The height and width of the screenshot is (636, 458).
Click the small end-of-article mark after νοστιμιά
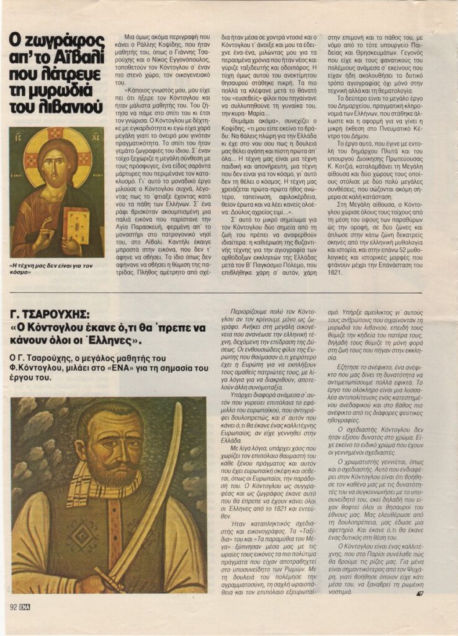click(x=420, y=593)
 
